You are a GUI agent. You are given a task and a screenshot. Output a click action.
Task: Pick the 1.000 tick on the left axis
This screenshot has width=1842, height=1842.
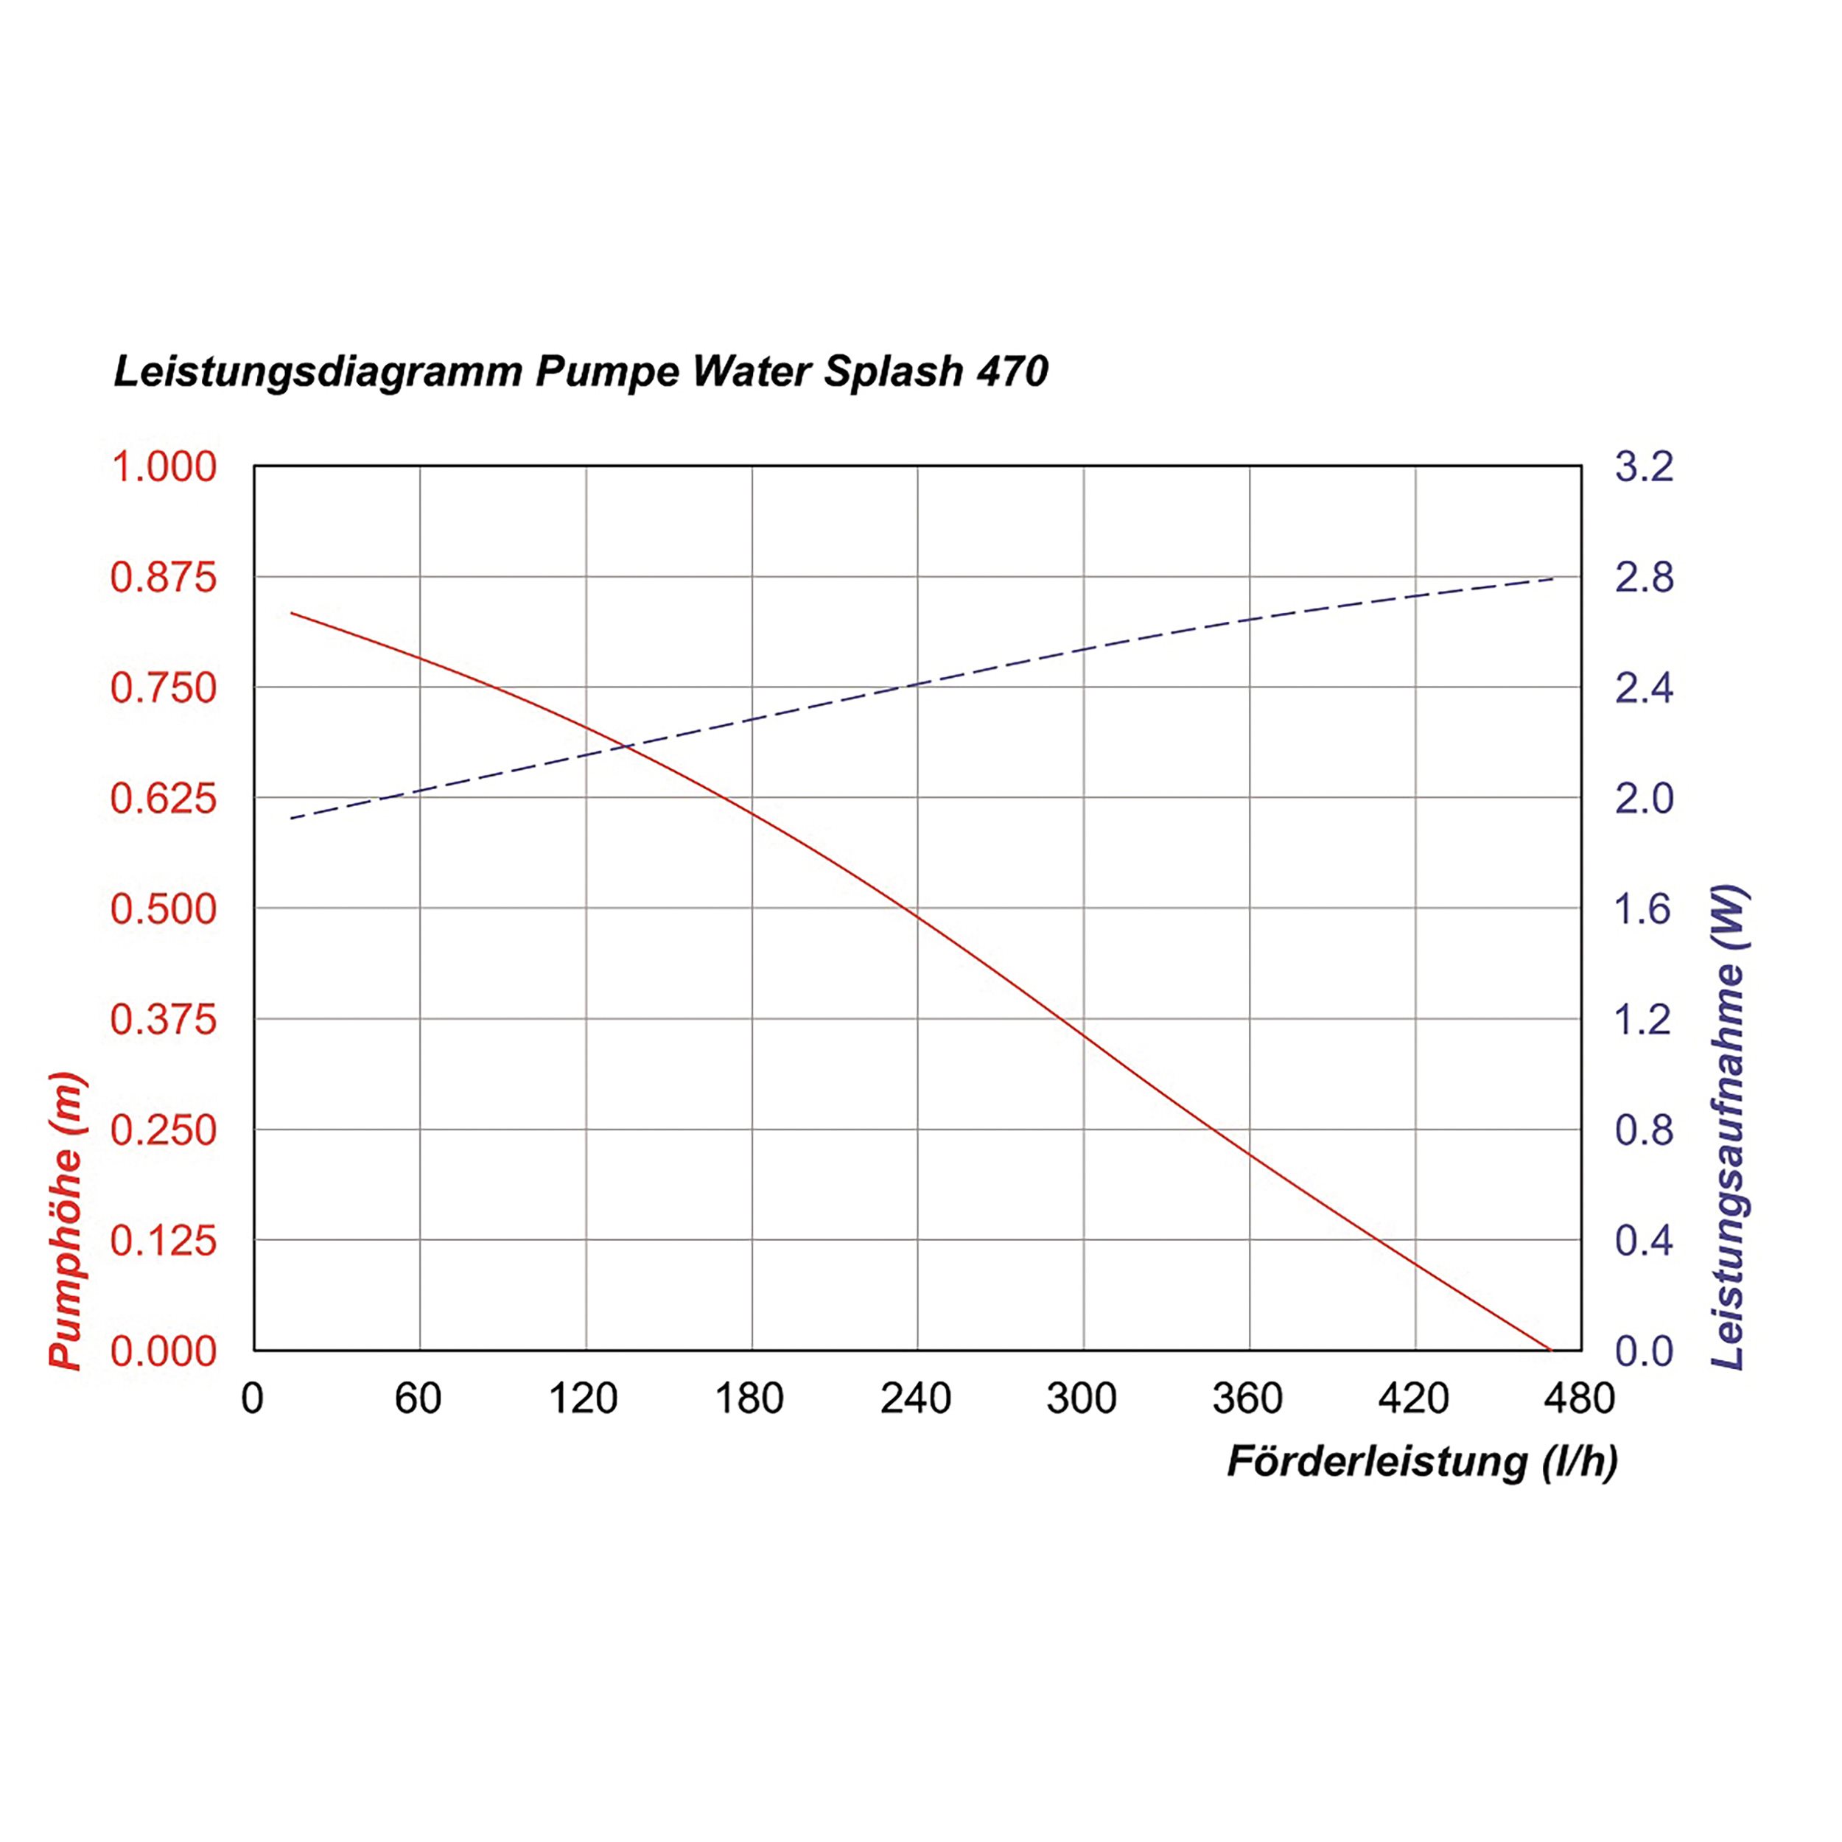[x=164, y=467]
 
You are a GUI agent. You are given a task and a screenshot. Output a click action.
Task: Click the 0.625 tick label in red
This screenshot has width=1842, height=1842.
[x=164, y=798]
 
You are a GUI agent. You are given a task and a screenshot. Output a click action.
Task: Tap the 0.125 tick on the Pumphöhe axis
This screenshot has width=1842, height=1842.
[x=164, y=1240]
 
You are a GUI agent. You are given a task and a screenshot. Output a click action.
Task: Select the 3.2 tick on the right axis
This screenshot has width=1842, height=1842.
[x=1644, y=467]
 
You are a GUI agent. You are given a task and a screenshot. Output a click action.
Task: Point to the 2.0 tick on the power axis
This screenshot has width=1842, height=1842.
[x=1644, y=798]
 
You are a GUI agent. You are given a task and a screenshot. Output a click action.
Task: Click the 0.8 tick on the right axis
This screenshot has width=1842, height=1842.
[x=1644, y=1130]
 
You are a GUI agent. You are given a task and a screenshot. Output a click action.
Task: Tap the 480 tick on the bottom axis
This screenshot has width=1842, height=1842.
[x=1580, y=1398]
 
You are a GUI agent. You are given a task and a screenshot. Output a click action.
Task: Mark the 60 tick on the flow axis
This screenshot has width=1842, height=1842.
[x=418, y=1398]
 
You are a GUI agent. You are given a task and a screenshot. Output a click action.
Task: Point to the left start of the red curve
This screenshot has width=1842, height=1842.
[x=292, y=613]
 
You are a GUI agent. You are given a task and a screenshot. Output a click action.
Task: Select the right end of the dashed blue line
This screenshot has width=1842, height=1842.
[x=1554, y=578]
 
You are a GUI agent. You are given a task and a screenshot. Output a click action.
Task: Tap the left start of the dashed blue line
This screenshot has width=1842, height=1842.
[x=292, y=818]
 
